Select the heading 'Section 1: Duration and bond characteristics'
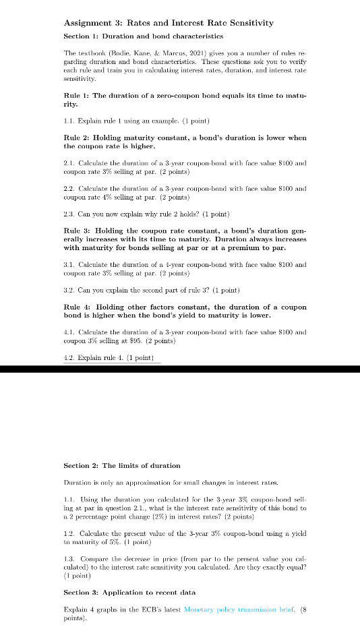[144, 36]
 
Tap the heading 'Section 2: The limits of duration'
[122, 465]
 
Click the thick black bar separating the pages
[180, 368]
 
